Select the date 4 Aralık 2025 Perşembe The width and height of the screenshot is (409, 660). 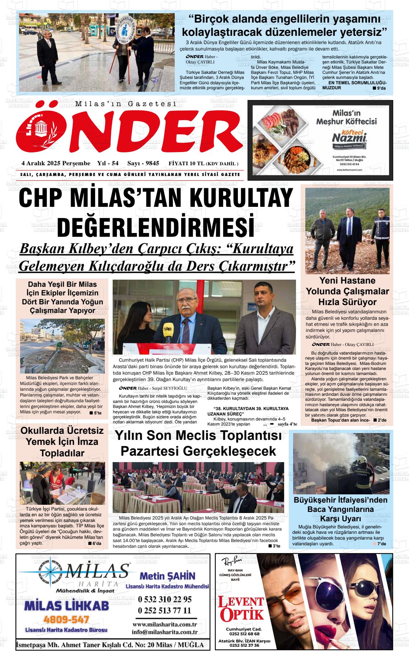(x=56, y=163)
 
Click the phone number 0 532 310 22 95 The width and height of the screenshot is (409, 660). (x=165, y=599)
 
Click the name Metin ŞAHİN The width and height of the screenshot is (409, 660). (x=167, y=576)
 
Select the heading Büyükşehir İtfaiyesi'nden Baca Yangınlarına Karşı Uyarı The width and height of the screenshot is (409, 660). (x=340, y=509)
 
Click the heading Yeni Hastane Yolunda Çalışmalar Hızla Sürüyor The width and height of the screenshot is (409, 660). (x=347, y=291)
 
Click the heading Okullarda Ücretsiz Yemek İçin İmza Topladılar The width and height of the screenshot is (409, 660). (x=62, y=442)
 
